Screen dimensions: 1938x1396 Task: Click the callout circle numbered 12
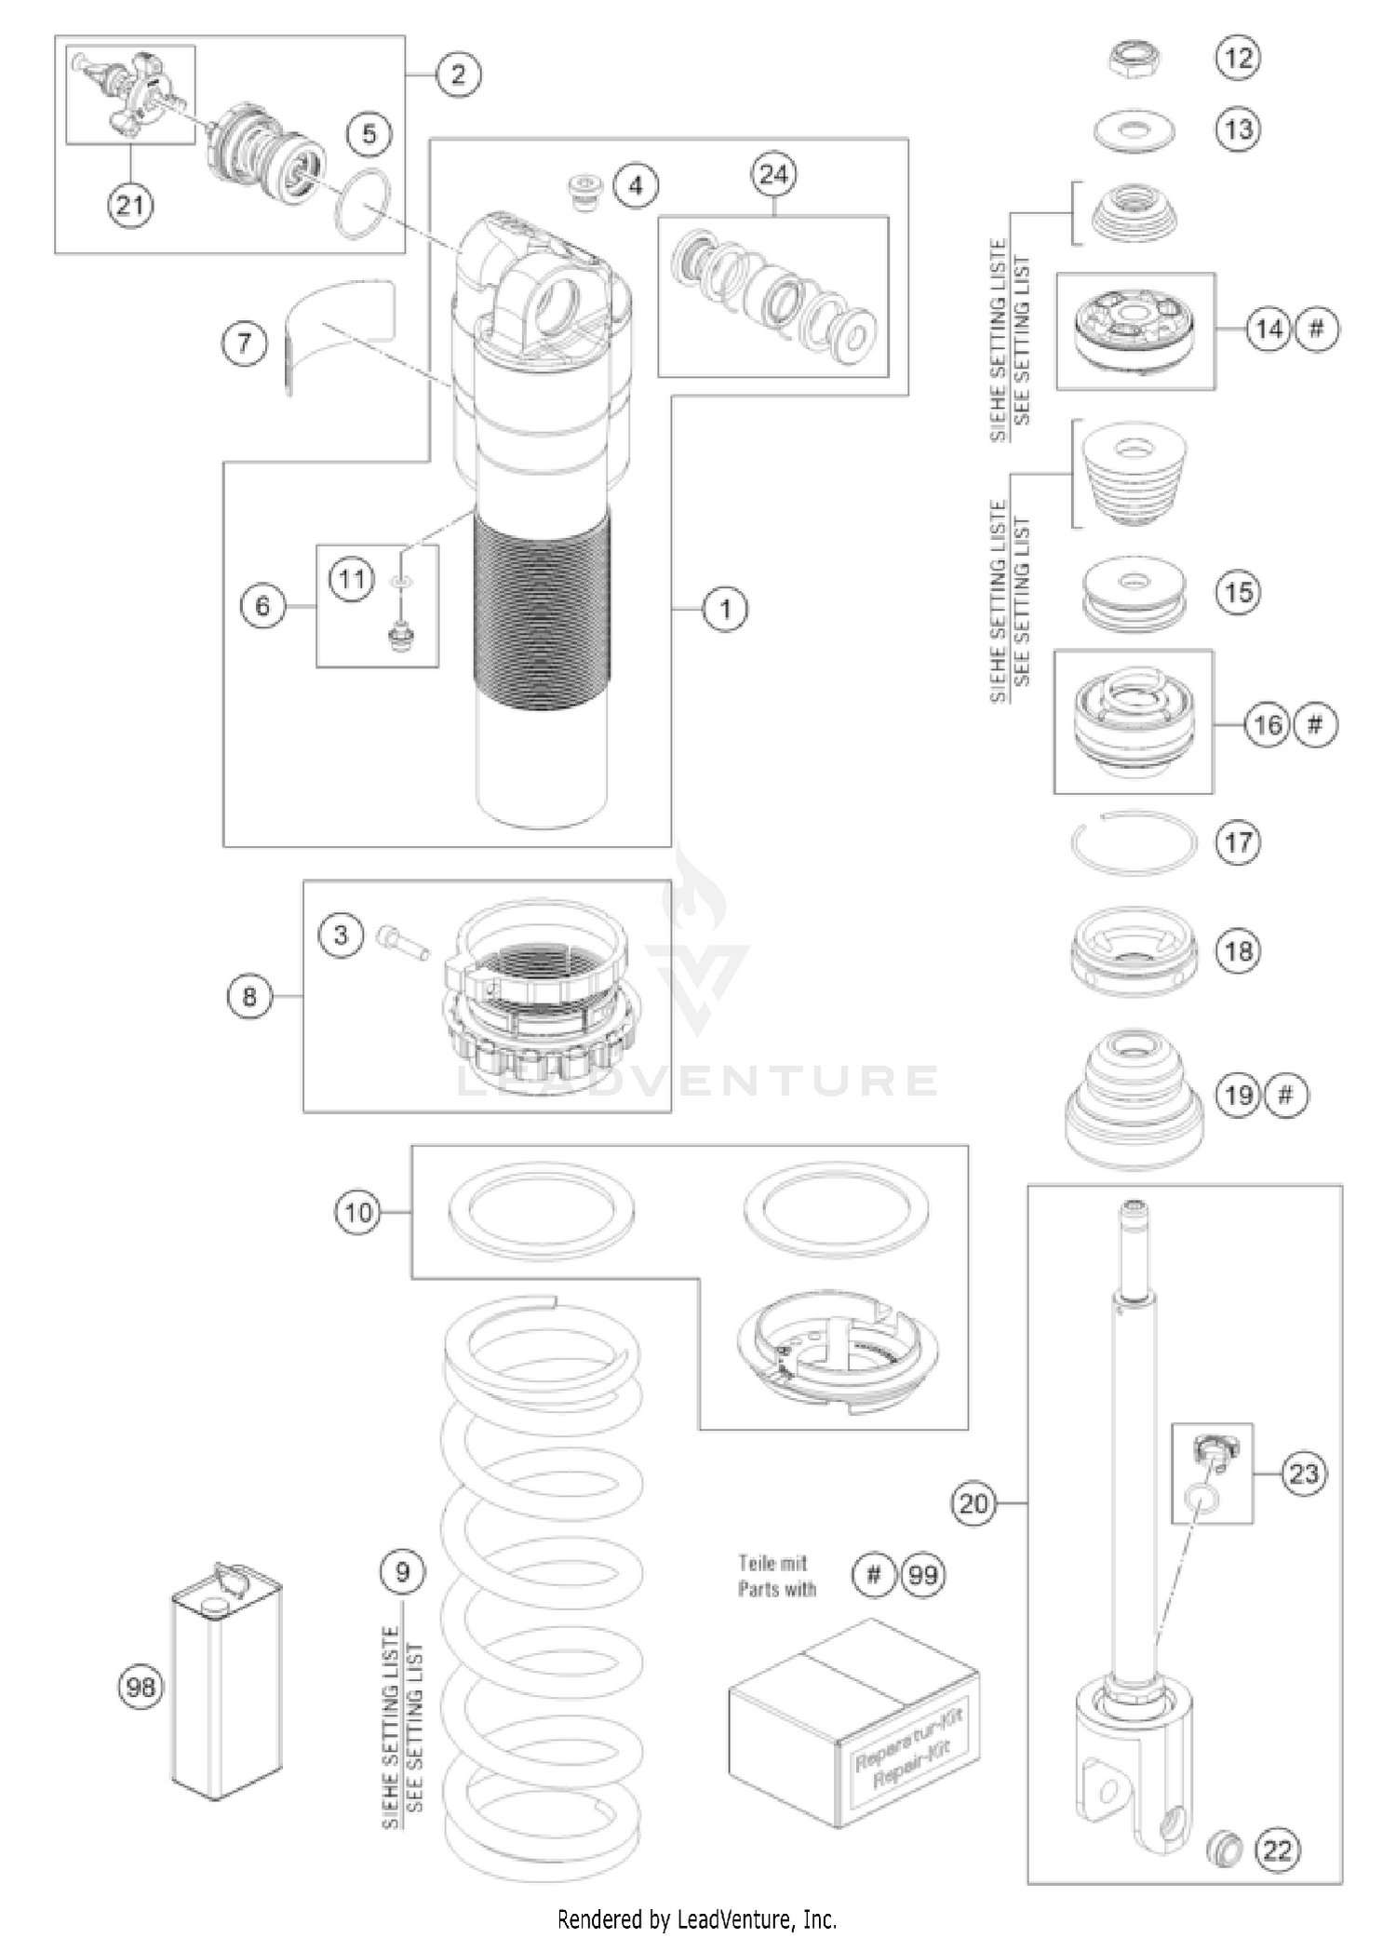[x=1238, y=58]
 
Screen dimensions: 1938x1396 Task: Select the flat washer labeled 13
[x=1133, y=130]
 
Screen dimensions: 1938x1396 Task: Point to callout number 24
[x=773, y=174]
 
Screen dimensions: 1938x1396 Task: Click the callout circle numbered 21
[x=129, y=203]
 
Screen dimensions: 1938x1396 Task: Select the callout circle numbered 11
[x=351, y=579]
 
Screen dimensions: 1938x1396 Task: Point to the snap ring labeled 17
[x=1132, y=842]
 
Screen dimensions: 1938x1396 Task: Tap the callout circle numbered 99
[x=922, y=1575]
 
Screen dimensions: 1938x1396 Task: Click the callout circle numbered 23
[x=1304, y=1473]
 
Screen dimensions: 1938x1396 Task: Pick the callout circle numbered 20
[x=973, y=1502]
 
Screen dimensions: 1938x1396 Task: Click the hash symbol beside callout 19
[x=1285, y=1095]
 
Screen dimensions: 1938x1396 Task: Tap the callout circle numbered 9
[x=402, y=1571]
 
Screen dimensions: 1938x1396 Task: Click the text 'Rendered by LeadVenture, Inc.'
[x=697, y=1918]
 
